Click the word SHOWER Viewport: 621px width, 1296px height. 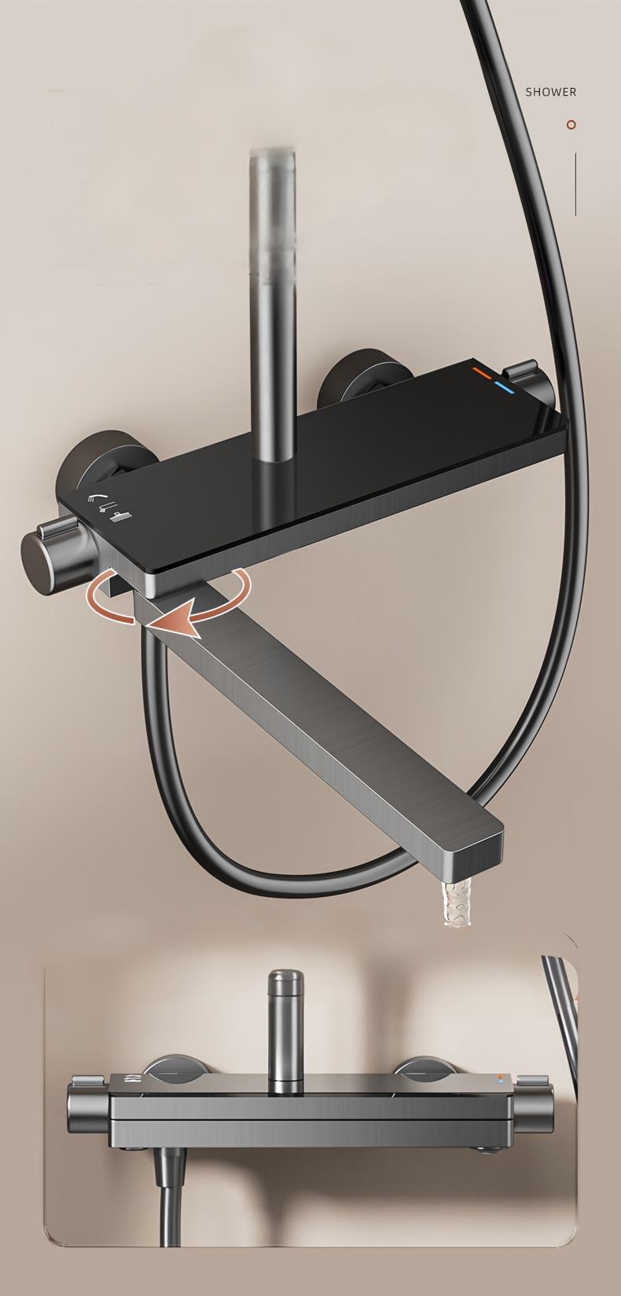550,92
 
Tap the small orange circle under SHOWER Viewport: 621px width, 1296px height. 571,124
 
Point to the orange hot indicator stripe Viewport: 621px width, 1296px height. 481,368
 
